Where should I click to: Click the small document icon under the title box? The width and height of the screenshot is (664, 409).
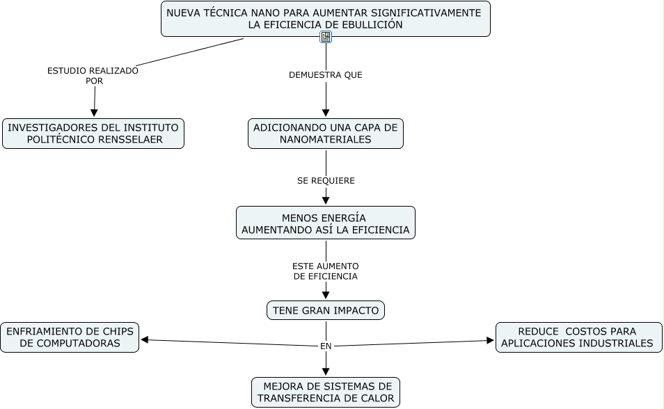(326, 37)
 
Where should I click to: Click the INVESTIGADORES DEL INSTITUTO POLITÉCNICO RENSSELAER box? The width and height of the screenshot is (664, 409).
(93, 134)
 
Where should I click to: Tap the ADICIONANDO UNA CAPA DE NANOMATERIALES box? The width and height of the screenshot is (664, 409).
(326, 134)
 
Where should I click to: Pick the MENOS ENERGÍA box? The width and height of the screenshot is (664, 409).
(326, 223)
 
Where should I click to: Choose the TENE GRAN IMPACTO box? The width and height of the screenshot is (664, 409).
(326, 310)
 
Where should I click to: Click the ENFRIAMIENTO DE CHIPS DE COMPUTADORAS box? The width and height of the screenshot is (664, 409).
(70, 337)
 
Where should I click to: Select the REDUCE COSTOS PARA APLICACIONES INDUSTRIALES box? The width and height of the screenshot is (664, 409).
(578, 337)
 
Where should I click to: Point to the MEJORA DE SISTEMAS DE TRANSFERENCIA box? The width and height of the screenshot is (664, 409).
(326, 392)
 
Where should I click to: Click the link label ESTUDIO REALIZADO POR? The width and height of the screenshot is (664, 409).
(93, 75)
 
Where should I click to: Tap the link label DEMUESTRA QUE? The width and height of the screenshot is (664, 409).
(326, 74)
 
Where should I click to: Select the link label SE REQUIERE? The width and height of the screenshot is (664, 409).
(326, 181)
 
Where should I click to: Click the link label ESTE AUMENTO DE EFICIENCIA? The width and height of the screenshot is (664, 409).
(326, 271)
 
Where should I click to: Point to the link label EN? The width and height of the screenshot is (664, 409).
(326, 346)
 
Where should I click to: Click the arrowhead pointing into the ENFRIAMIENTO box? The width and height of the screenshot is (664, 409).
(145, 339)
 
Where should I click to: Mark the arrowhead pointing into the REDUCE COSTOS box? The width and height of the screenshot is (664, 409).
(490, 341)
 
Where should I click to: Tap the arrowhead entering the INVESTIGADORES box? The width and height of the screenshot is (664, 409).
(94, 113)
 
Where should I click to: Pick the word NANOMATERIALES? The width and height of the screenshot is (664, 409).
(326, 139)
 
